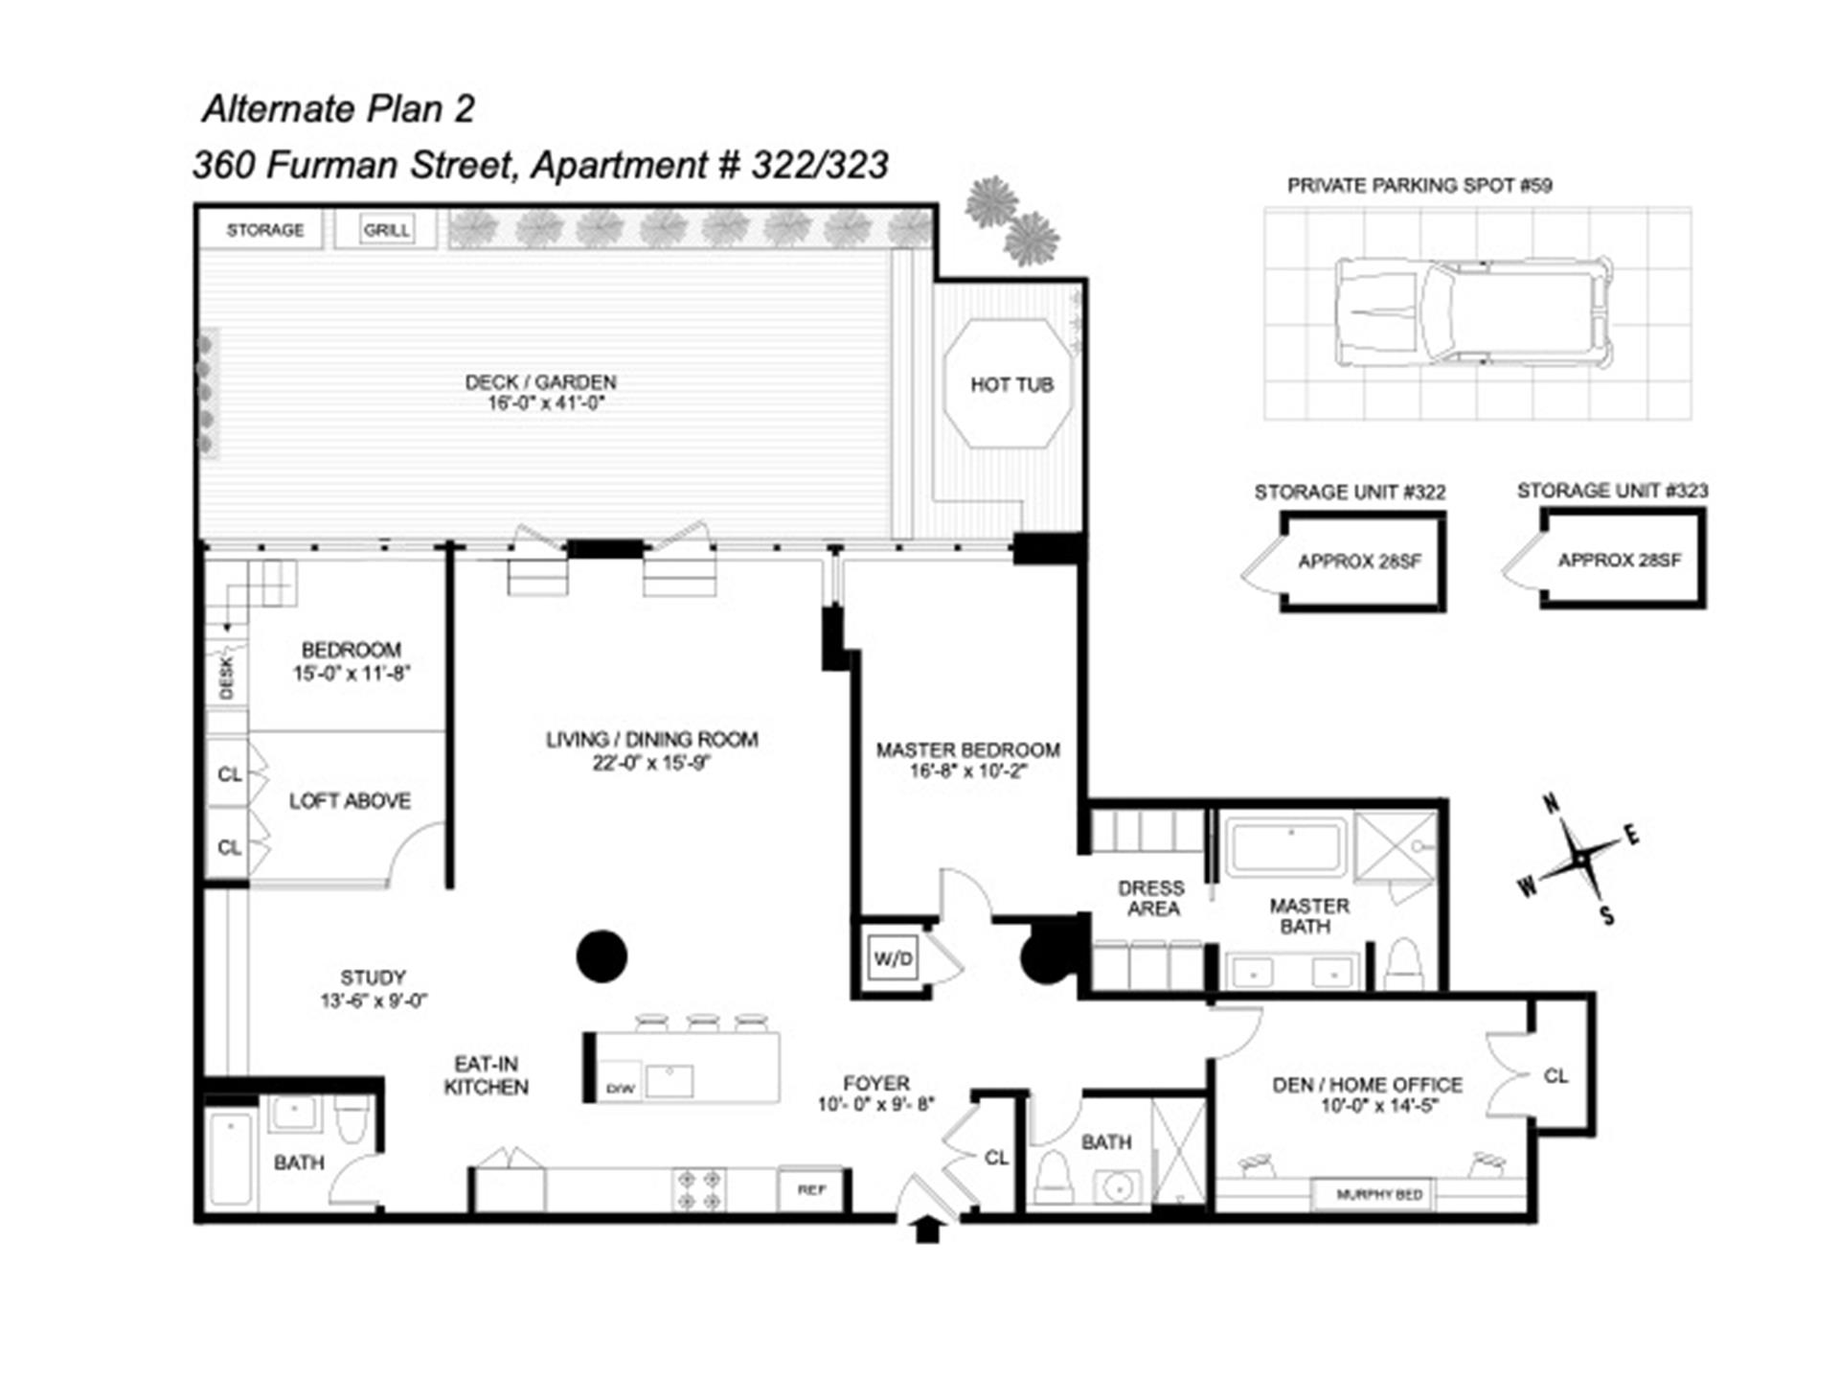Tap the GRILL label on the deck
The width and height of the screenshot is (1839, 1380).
click(386, 230)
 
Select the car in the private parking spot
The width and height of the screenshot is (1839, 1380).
click(1473, 311)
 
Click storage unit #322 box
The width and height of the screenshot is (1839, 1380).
click(1361, 562)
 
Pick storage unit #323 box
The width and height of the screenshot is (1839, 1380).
click(1622, 559)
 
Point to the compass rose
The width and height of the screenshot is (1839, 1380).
click(1578, 860)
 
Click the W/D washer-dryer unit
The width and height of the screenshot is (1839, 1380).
click(893, 957)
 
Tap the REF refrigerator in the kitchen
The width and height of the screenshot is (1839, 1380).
click(811, 1189)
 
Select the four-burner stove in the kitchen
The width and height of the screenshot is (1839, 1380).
click(699, 1189)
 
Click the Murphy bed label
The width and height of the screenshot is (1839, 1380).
click(1379, 1194)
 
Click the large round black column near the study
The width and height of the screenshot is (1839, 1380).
click(602, 955)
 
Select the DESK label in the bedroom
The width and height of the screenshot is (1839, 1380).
click(227, 677)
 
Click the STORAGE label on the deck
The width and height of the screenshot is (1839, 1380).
click(265, 230)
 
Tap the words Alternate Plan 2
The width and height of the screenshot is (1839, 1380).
click(338, 109)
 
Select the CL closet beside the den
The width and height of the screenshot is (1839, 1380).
click(1555, 1075)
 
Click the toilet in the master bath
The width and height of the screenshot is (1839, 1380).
click(1404, 964)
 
